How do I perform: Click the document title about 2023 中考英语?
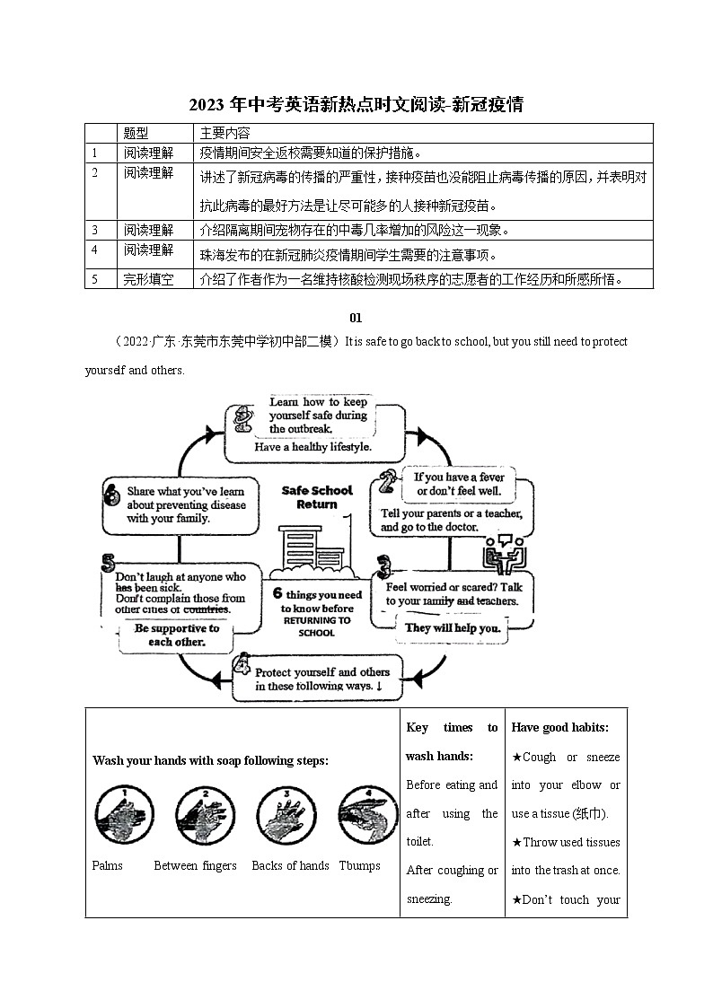(x=356, y=105)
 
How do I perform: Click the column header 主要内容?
(x=225, y=133)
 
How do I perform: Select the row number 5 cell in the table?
(x=95, y=279)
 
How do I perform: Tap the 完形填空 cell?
(x=148, y=279)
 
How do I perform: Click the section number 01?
(x=356, y=317)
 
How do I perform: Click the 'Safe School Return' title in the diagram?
(x=317, y=497)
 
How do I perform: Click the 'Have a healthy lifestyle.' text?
(x=312, y=446)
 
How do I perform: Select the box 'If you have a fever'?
(x=460, y=485)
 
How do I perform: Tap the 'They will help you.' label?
(x=453, y=628)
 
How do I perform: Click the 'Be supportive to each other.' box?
(x=176, y=635)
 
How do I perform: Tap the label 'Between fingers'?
(x=195, y=866)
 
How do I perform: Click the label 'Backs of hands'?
(x=290, y=866)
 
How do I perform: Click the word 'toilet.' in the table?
(x=420, y=842)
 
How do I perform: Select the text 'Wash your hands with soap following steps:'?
(x=210, y=761)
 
